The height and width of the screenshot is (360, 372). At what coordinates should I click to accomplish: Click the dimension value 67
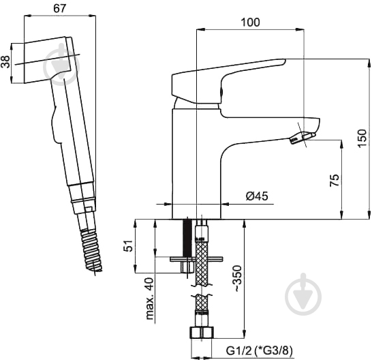59,9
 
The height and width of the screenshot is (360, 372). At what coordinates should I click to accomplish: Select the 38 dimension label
5,62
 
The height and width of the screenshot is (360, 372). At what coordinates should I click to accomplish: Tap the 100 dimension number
250,22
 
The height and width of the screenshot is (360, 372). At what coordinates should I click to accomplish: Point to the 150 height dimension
362,138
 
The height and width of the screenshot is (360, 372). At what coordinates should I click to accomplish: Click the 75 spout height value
335,180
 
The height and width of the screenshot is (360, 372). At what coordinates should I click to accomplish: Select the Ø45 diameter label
257,196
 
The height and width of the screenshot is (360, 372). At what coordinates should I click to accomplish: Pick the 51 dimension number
128,245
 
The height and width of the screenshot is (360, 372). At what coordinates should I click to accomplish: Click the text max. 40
150,299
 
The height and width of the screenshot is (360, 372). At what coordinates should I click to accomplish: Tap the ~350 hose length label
237,278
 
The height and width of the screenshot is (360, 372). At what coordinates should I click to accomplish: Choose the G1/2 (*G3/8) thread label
260,350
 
